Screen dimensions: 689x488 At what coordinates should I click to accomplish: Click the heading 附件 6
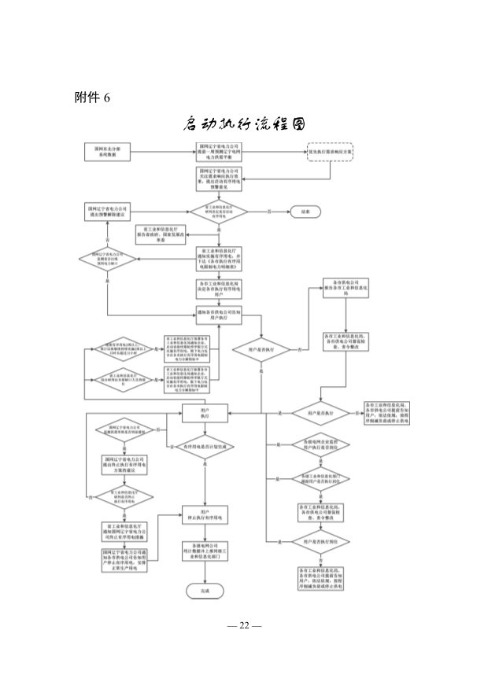pos(94,97)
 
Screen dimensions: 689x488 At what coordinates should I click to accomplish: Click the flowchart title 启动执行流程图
pos(243,125)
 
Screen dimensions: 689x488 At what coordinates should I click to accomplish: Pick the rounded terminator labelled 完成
pos(205,589)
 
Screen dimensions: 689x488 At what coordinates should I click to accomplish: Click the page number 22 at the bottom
pos(243,626)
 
